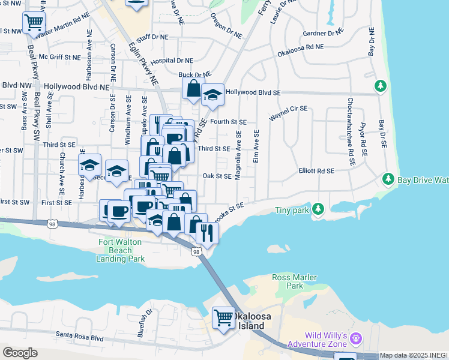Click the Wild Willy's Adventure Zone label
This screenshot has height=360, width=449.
[x=317, y=339]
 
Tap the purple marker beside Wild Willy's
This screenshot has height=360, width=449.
[x=357, y=338]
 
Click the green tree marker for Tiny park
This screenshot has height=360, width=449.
[x=319, y=209]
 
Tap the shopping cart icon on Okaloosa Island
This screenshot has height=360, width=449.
[x=224, y=316]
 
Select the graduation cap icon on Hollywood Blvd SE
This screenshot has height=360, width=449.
[x=212, y=94]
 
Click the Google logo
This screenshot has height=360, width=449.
[x=19, y=352]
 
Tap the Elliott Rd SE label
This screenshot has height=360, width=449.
[x=316, y=171]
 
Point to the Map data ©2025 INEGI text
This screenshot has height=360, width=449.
[x=414, y=355]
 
